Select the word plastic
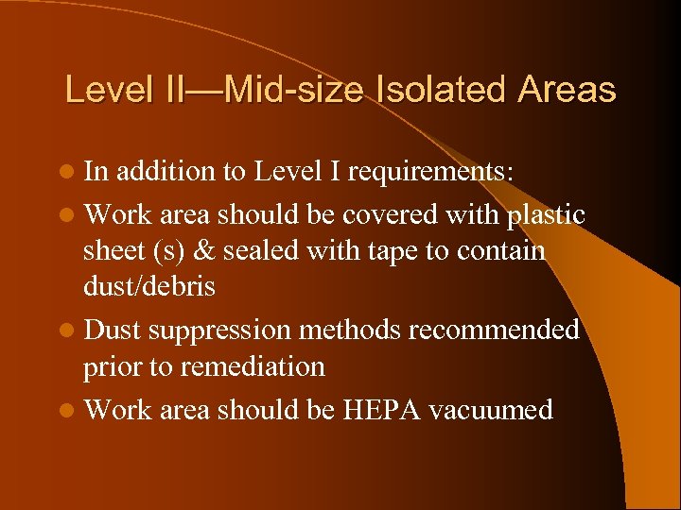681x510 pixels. click(547, 215)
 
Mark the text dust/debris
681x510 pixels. click(149, 286)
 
